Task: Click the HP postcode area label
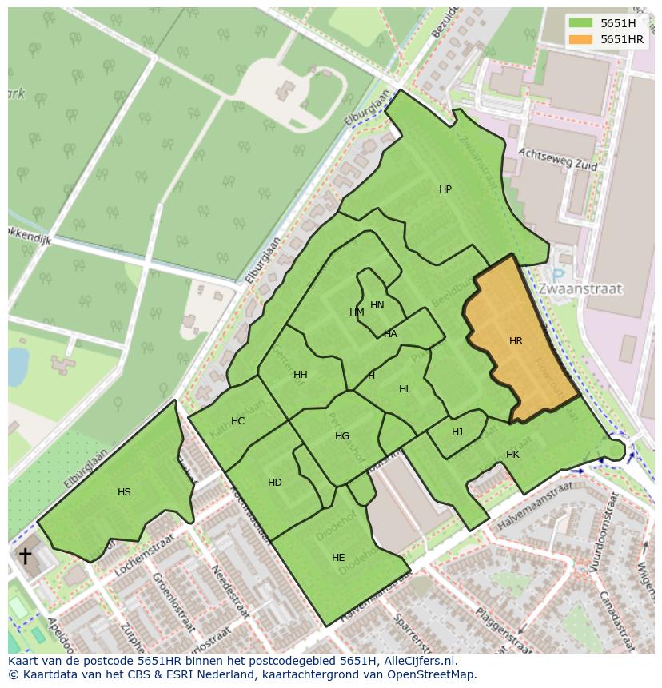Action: point(445,189)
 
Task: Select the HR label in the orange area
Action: point(516,341)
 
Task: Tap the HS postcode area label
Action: point(124,492)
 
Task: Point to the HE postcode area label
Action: point(338,558)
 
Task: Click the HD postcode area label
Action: point(275,483)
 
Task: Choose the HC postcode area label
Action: point(237,421)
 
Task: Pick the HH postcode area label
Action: point(300,375)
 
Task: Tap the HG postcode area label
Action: point(342,436)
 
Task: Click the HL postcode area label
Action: point(405,389)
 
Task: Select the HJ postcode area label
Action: point(457,432)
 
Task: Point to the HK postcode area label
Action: point(512,455)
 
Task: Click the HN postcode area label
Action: point(377,305)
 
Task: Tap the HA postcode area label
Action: point(390,334)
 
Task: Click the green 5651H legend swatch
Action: point(580,22)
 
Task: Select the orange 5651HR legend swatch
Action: point(580,39)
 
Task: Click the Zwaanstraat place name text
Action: point(580,288)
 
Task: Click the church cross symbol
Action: point(26,555)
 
